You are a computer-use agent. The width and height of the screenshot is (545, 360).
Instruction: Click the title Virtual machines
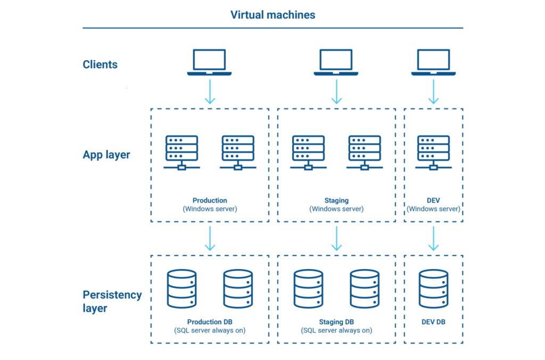272,15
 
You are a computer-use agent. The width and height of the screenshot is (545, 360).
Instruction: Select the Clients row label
100,64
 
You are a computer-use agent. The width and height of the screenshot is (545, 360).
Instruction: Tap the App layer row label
106,155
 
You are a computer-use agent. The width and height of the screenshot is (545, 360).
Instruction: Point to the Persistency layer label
112,301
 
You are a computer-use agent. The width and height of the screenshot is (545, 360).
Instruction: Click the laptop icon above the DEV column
433,62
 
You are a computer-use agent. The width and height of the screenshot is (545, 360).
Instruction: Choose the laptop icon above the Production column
209,62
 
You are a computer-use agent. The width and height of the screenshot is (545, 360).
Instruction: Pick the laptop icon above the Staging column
336,62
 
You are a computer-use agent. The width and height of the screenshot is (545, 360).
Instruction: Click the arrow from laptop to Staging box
336,92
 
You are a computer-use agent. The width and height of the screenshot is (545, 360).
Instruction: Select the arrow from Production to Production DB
210,238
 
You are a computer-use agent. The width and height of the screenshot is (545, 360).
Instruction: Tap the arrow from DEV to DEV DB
433,238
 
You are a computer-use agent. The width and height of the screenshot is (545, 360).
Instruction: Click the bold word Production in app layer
210,201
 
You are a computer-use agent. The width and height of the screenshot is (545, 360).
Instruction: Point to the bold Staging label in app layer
336,201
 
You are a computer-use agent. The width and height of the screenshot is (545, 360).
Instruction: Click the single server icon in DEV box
433,152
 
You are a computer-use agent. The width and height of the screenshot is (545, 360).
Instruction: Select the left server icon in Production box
181,152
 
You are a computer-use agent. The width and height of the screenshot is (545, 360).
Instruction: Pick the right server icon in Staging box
364,152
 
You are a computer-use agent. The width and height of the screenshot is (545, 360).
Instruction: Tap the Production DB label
210,322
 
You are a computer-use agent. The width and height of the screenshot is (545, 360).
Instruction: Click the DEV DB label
433,322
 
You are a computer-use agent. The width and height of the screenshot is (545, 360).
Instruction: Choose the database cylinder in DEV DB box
433,289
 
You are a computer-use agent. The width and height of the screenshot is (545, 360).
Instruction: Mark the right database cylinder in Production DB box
238,289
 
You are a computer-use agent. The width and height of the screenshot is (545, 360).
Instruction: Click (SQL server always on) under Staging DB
336,330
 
